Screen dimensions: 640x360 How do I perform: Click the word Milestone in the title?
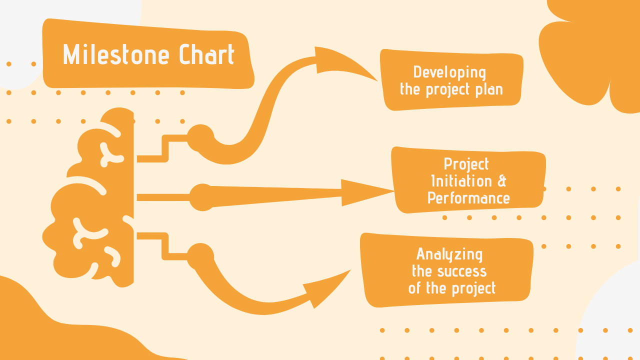tap(116, 54)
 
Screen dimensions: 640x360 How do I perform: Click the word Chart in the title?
tap(207, 54)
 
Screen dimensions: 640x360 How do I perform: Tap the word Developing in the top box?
tap(449, 72)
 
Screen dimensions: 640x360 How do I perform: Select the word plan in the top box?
tap(489, 89)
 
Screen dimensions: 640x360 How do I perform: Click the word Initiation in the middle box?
tap(461, 181)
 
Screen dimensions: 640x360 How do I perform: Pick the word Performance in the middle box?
tap(468, 198)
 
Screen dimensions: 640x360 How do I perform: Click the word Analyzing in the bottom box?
tap(449, 254)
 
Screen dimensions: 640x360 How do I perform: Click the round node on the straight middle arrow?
tap(202, 197)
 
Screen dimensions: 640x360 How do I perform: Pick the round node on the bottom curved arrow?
tap(200, 256)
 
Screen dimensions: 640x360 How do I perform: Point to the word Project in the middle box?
tap(466, 164)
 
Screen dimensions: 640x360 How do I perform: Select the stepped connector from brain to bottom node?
tap(165, 246)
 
